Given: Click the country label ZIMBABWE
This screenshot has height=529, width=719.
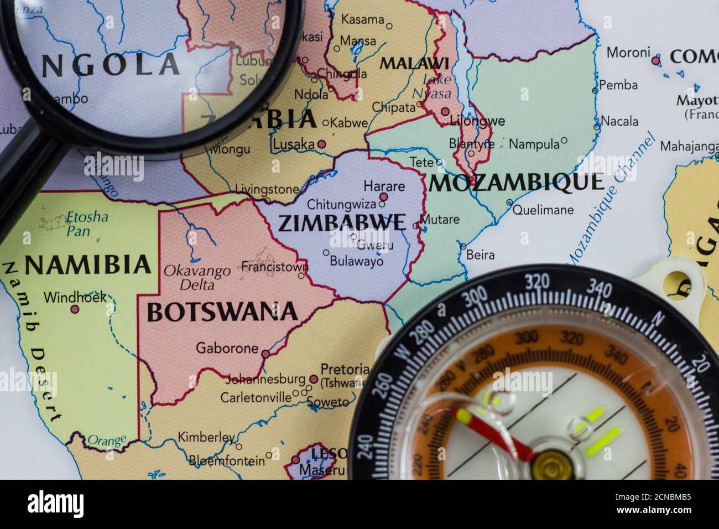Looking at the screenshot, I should tap(341, 222).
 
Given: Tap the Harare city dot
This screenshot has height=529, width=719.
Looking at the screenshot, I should tap(383, 197).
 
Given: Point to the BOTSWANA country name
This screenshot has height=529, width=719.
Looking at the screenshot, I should tap(222, 313).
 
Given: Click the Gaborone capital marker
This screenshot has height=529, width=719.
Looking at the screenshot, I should tap(265, 354).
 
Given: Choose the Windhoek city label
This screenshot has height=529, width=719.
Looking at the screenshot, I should tap(75, 297).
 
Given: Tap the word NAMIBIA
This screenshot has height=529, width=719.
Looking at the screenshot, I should tap(88, 265).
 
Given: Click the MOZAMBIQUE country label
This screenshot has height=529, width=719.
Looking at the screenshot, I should tap(516, 183).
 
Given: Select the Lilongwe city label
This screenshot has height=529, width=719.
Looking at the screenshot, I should tap(477, 121).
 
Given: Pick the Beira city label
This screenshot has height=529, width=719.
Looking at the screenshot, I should tap(480, 255).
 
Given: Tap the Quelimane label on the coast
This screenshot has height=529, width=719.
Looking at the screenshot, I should tap(543, 210).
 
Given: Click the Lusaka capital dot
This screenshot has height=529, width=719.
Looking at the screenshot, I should tap(322, 144).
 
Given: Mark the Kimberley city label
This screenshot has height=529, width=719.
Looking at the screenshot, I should tap(206, 437).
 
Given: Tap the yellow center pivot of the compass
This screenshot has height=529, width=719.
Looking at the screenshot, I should tap(550, 465).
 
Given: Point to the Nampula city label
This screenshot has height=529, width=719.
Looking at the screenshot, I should tap(534, 144).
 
